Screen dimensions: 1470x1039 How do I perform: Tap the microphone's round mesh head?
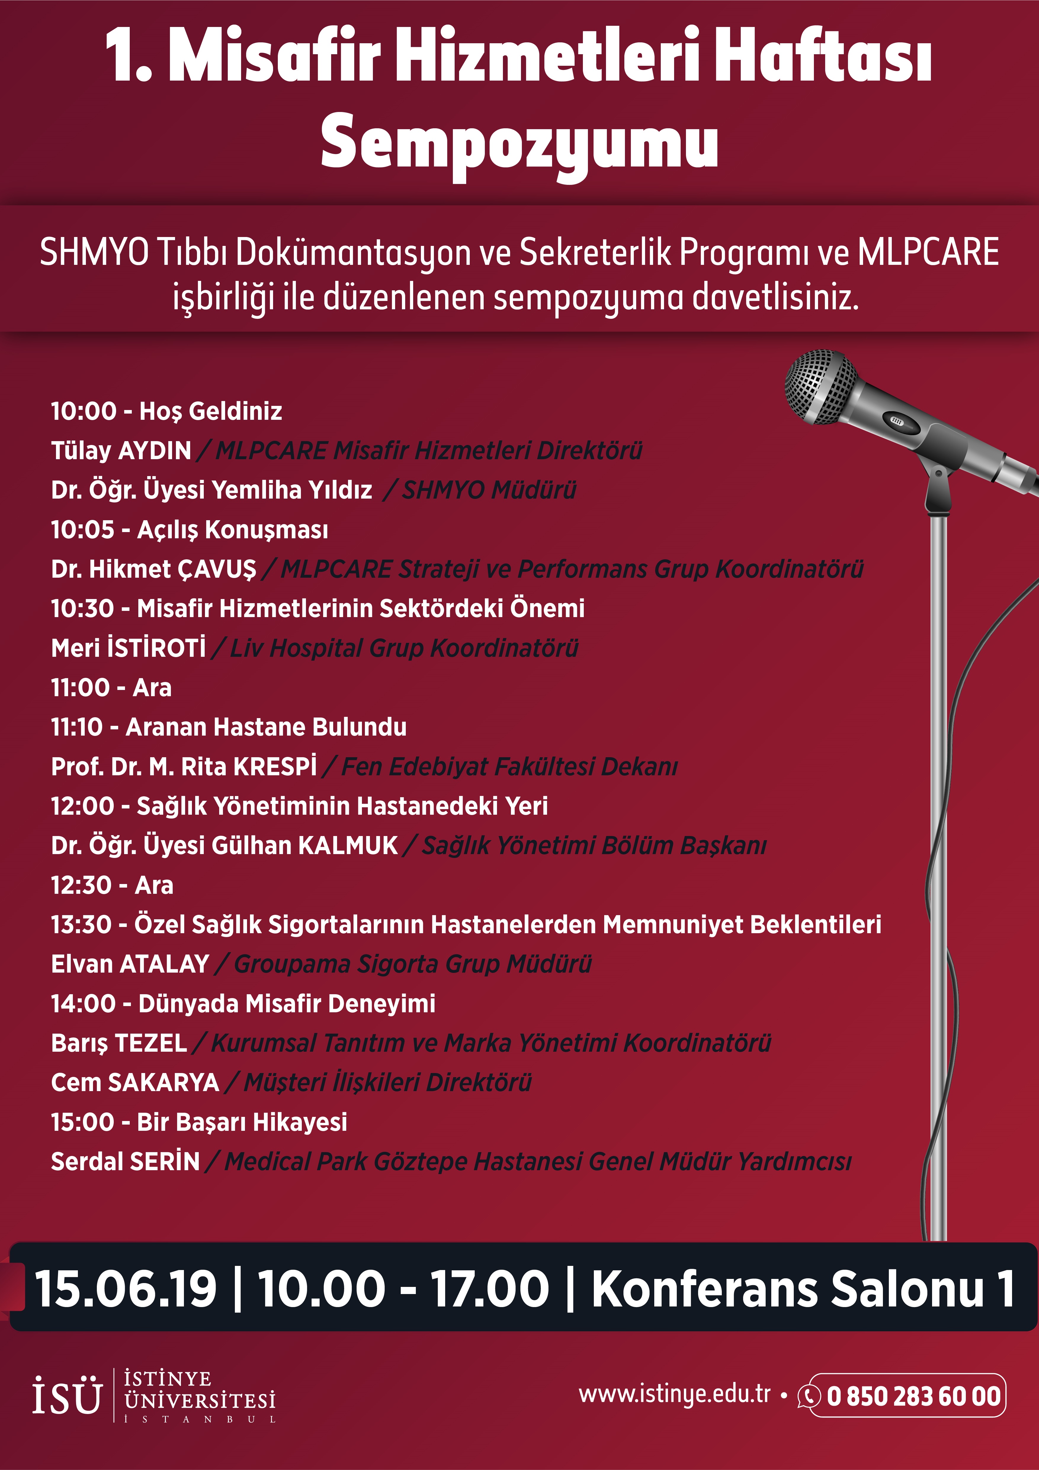[820, 386]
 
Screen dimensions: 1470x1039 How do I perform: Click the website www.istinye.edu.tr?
[674, 1394]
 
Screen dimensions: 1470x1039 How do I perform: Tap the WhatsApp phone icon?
[809, 1396]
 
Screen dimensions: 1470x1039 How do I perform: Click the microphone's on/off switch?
[896, 421]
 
